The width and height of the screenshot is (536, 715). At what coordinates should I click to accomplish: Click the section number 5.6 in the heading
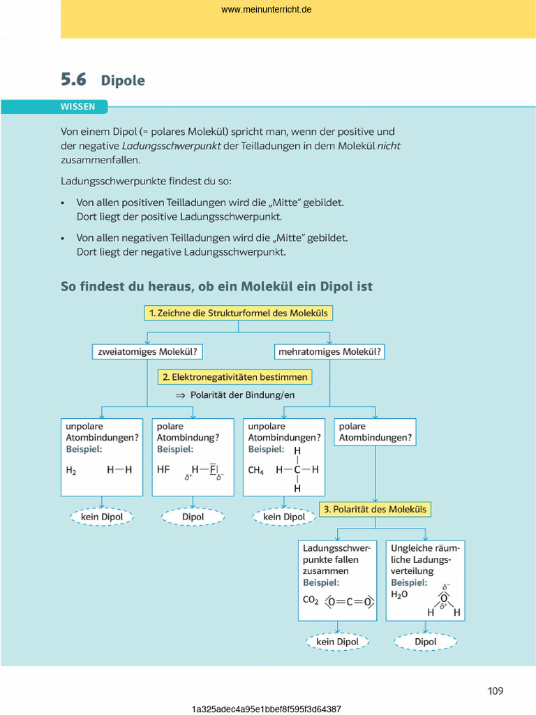tap(73, 80)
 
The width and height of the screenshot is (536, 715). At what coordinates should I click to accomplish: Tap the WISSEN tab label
tap(77, 107)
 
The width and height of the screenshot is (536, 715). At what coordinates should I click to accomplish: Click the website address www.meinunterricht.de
tap(267, 10)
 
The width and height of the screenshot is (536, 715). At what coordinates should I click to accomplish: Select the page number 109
tap(496, 691)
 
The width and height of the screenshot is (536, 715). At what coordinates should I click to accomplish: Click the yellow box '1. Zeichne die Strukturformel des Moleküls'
tap(237, 314)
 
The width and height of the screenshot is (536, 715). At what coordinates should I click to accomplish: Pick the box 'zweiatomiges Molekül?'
tap(147, 352)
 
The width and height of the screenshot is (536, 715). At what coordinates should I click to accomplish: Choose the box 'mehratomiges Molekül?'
tap(329, 352)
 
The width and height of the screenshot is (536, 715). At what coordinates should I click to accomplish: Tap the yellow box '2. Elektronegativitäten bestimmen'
tap(234, 377)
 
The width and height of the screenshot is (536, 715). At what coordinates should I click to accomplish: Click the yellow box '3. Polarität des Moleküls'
tap(375, 509)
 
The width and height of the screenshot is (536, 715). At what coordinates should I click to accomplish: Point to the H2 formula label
tap(71, 471)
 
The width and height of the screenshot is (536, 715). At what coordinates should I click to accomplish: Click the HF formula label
tap(163, 470)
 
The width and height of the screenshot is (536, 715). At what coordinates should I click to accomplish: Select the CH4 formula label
tap(255, 471)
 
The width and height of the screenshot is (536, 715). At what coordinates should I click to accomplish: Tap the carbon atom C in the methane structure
tap(297, 470)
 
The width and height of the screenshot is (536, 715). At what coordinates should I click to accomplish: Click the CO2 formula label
tap(311, 600)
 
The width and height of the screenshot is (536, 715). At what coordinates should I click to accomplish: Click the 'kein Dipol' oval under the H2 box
tap(102, 517)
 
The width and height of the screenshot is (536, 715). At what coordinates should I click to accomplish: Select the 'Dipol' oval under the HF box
tap(193, 517)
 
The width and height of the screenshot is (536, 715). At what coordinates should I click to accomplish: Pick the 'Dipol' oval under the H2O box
tap(426, 642)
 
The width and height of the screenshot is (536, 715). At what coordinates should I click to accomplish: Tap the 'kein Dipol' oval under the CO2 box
tap(338, 642)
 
